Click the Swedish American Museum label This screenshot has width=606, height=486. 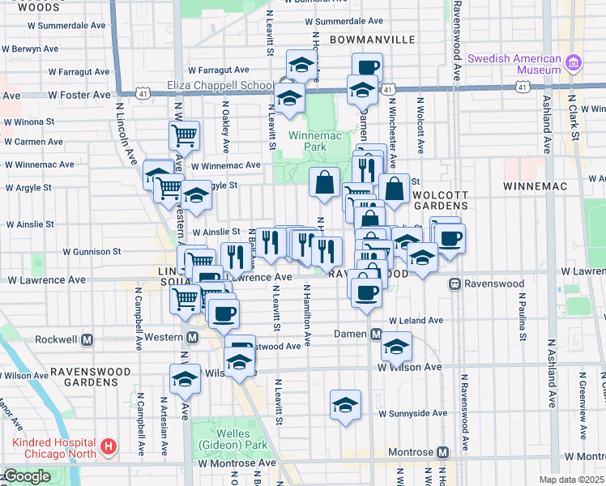point(516,64)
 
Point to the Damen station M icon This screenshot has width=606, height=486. point(376,334)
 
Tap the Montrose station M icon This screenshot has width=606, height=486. point(442,451)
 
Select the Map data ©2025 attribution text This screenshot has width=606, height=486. point(571,480)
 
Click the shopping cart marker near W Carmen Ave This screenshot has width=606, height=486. point(185,135)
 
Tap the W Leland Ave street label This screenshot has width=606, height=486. point(416,321)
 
